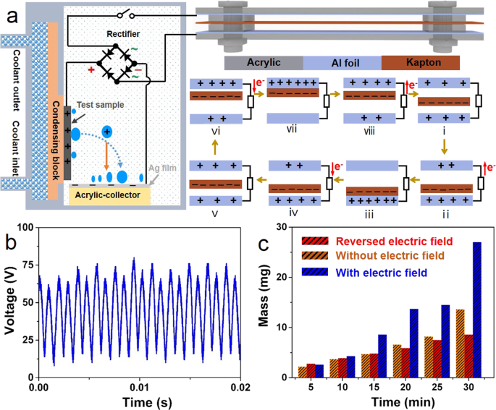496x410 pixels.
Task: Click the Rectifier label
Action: point(122,33)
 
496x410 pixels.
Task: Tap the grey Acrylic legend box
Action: point(264,63)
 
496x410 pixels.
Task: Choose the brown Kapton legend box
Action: point(420,63)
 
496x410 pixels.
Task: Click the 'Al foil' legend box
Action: point(342,63)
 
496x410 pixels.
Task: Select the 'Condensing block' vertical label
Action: point(55,129)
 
